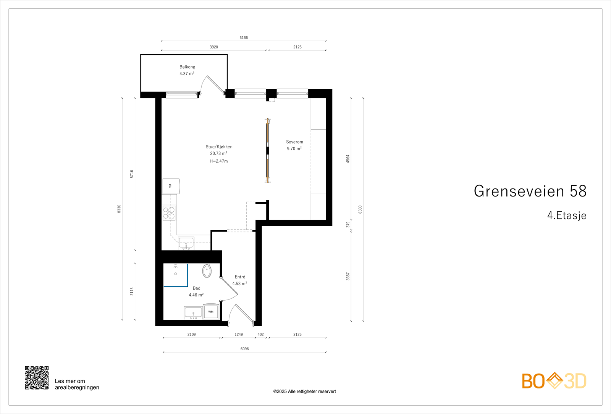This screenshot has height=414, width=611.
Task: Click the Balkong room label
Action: point(187,67)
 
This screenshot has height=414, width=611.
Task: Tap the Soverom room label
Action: point(294,142)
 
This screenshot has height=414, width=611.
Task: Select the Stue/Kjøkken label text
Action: point(219,147)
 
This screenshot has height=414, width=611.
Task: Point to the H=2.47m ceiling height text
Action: point(218,161)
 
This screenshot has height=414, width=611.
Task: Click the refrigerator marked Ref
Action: point(170,186)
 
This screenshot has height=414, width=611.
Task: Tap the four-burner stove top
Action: point(169,213)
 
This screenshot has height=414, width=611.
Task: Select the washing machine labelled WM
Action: point(211,312)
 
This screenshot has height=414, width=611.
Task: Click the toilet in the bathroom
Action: point(207,271)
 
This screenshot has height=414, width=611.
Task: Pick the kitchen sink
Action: point(186,243)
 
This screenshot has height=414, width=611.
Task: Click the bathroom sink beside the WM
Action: point(193,313)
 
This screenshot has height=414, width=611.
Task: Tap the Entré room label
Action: point(240,277)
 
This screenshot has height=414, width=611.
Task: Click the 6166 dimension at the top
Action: point(244,38)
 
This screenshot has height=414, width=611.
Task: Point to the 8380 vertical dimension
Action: point(360,209)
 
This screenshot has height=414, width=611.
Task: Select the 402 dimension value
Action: point(260,335)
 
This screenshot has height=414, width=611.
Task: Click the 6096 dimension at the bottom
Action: point(244,349)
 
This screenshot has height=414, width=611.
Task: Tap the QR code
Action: point(37,378)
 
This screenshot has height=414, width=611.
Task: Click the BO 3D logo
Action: point(554,381)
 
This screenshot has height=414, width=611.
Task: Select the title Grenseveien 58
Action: point(530,191)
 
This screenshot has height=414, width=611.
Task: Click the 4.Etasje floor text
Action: point(566,216)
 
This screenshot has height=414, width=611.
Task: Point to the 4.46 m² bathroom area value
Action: point(196,295)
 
